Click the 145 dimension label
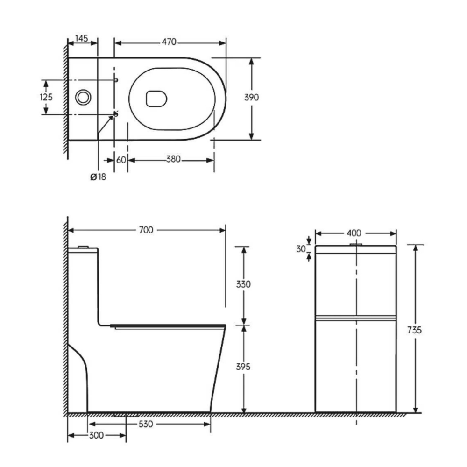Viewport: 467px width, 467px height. point(82,38)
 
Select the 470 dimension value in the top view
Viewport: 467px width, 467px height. point(169,42)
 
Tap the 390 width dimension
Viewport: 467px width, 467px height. point(252,97)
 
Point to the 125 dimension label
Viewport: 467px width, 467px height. point(46,97)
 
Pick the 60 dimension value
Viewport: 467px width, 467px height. point(121,159)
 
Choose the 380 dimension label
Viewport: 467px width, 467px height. point(173,159)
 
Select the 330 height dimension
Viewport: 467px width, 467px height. point(243,284)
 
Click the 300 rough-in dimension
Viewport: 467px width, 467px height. point(95,435)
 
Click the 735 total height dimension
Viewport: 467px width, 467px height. point(415,330)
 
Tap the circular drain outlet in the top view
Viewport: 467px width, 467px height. point(84,97)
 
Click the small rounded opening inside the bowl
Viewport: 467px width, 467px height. point(156,98)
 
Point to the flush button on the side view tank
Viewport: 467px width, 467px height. point(84,247)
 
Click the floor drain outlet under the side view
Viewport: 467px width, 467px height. point(126,414)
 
